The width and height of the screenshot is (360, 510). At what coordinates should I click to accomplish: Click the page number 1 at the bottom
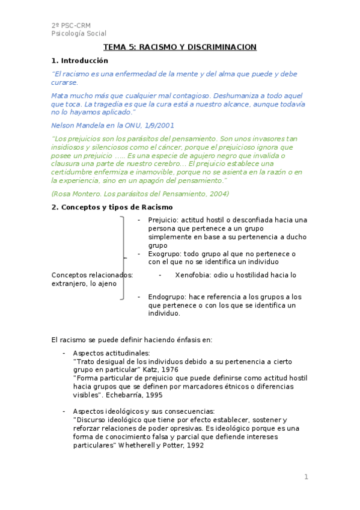click(306, 478)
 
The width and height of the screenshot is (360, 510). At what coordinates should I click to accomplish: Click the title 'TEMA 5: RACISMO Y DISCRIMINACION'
click(180, 48)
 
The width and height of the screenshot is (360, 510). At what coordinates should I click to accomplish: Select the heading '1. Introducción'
click(80, 61)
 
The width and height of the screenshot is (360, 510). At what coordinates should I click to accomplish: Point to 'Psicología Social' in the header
click(79, 34)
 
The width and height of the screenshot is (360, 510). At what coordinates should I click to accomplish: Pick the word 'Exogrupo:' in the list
click(164, 254)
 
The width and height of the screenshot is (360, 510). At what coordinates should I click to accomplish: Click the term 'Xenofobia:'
click(194, 275)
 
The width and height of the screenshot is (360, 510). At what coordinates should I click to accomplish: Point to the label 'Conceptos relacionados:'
click(93, 275)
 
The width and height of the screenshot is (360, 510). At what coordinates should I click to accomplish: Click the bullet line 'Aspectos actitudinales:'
click(111, 353)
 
